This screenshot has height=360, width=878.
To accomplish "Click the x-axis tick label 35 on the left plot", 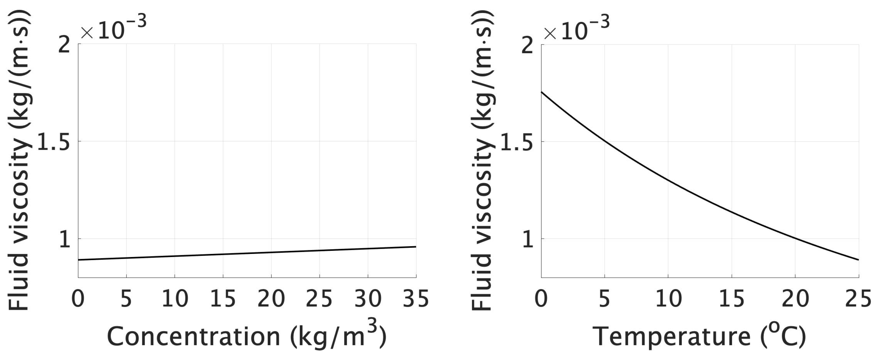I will coord(416,299).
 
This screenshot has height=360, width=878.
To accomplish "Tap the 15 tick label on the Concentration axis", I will coord(223,299).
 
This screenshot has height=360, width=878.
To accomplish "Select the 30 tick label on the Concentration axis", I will coord(368,299).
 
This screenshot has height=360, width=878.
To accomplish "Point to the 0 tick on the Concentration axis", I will coord(78,299).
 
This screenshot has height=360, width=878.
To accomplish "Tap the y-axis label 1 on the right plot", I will coord(528,239).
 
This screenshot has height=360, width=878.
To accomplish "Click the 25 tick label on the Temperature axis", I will coord(858,299).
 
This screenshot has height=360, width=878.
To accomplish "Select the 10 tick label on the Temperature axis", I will coord(668,299).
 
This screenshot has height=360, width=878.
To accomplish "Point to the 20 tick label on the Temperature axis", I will coord(795,299).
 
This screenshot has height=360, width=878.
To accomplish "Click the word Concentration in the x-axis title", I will coord(193,337).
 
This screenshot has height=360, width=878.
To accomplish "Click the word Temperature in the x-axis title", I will coord(672,337).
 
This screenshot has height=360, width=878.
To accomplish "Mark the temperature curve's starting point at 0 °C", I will coord(542,92).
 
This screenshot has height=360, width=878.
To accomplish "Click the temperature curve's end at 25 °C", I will coord(858,260).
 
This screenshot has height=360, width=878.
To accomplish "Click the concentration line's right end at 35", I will coord(416,246).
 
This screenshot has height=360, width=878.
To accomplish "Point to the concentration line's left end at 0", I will coord(79,260).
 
